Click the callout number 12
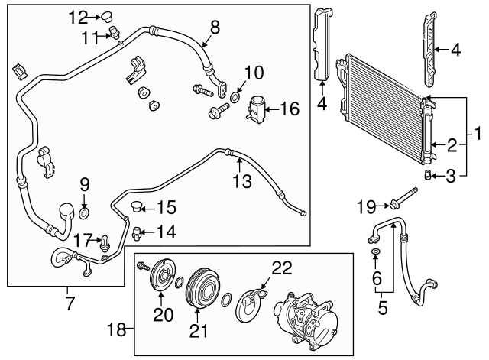tap(78, 16)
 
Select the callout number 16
tap(289, 110)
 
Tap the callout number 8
tap(215, 28)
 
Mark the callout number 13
tap(242, 182)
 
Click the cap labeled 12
tap(107, 15)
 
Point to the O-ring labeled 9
tap(84, 211)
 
